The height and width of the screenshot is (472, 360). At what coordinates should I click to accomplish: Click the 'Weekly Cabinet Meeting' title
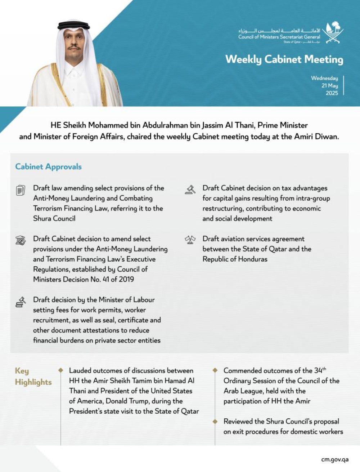point(284,59)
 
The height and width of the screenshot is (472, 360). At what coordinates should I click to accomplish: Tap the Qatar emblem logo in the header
point(333,33)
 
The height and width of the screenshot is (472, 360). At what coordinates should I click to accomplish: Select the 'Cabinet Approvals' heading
point(48,166)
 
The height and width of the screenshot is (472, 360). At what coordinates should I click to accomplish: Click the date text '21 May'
point(329,85)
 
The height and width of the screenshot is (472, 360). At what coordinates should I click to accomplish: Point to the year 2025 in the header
point(332,93)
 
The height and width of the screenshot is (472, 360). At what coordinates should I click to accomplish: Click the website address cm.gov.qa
point(334,459)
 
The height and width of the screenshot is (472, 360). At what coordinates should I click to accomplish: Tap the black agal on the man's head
point(73,25)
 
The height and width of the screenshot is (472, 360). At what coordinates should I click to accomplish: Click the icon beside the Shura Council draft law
point(21,190)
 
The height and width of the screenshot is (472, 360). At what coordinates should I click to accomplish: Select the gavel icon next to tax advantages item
point(190,190)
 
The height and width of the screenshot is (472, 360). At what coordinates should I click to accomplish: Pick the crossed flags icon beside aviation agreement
point(190,240)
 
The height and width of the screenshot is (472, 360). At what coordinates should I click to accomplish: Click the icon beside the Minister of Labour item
point(21,302)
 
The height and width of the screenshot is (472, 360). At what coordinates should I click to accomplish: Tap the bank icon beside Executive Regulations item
point(21,240)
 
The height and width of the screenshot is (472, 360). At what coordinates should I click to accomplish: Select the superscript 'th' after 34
point(324,369)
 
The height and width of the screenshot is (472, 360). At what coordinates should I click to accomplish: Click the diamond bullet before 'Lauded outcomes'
point(61,370)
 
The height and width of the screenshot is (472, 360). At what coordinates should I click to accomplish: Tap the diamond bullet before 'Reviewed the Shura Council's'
point(215,421)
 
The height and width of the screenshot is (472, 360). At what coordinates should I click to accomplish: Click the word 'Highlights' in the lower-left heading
point(33,382)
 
